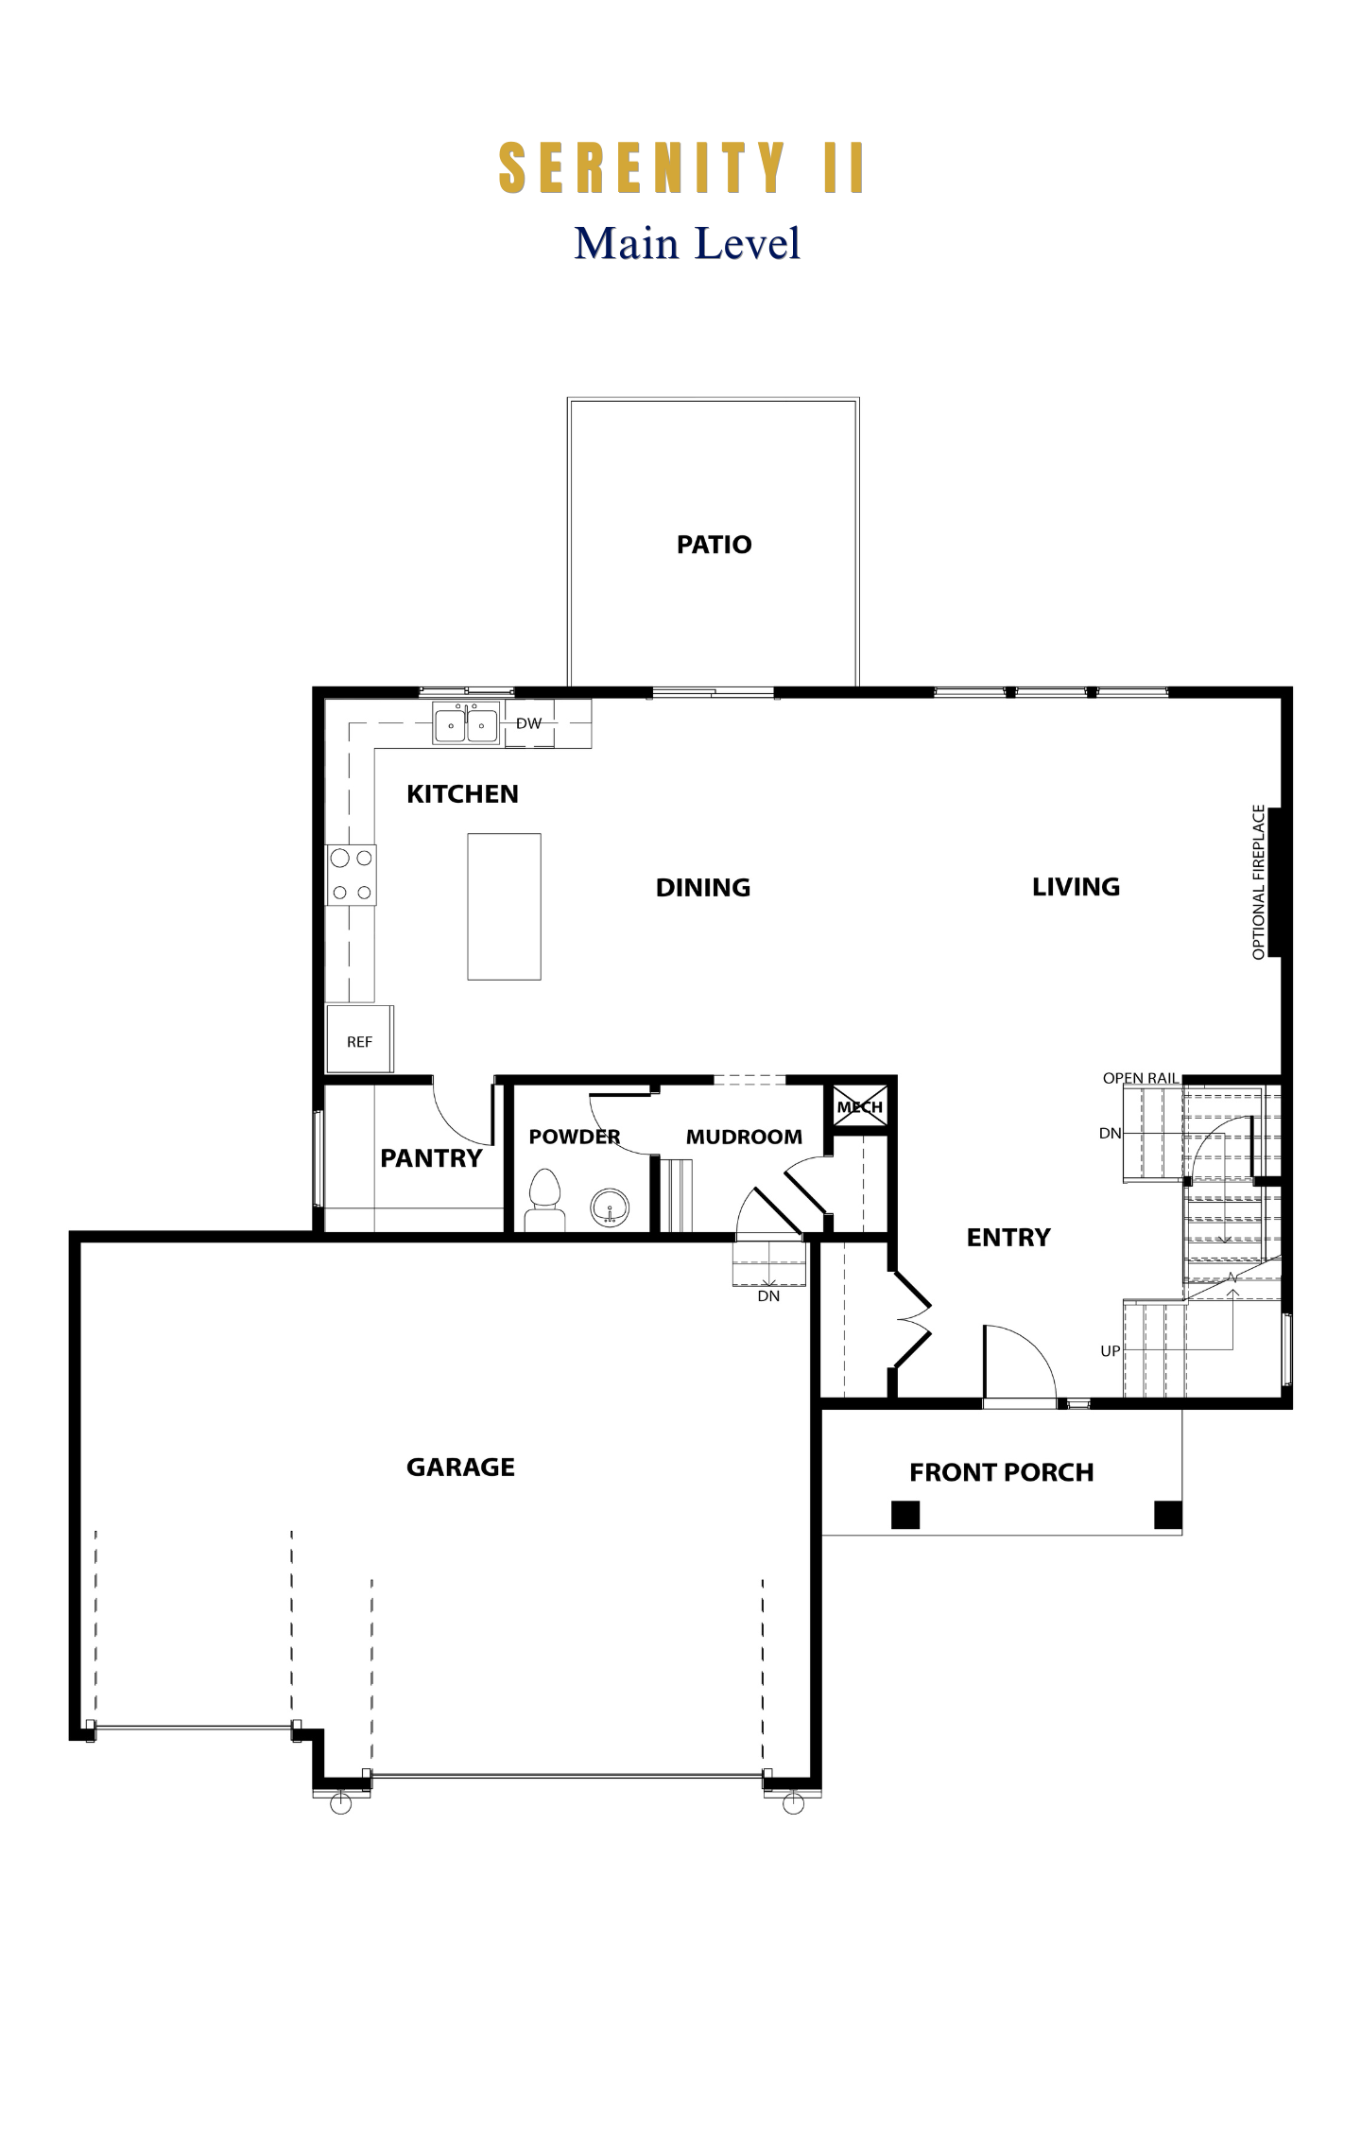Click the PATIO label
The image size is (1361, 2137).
point(714,545)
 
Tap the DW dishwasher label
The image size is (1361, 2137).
point(529,723)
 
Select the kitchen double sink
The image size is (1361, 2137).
point(466,723)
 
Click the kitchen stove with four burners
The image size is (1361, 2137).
point(352,875)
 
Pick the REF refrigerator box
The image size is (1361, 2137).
point(359,1038)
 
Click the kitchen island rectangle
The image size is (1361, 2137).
point(504,906)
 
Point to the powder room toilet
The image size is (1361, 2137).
point(544,1201)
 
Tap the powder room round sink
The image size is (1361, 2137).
point(610,1207)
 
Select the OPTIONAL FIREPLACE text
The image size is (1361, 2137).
point(1258,882)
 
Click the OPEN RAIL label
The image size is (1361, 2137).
point(1141,1078)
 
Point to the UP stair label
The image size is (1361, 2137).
point(1111,1351)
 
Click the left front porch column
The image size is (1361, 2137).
point(905,1515)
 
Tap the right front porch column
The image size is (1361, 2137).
point(1168,1515)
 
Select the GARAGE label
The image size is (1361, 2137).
point(460,1467)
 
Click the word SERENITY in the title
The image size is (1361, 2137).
point(642,168)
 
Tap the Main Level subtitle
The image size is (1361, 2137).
point(687,243)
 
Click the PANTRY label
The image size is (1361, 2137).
point(431,1158)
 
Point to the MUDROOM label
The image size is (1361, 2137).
point(744,1137)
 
